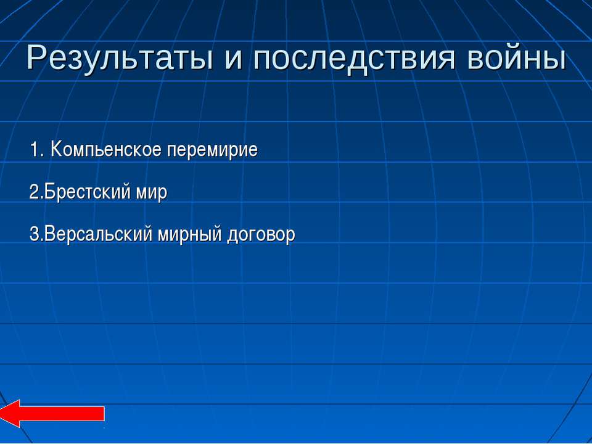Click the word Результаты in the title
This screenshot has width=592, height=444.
tap(120, 59)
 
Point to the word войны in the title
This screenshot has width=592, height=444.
tap(517, 59)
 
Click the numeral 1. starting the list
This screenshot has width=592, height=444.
tap(38, 149)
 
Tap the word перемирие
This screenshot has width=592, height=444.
tap(212, 150)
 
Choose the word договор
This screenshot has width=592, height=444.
tap(261, 235)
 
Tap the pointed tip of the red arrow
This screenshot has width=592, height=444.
tap(1, 414)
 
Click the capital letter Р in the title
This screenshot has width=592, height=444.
tap(36, 57)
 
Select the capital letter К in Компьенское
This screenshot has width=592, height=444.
tap(56, 149)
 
